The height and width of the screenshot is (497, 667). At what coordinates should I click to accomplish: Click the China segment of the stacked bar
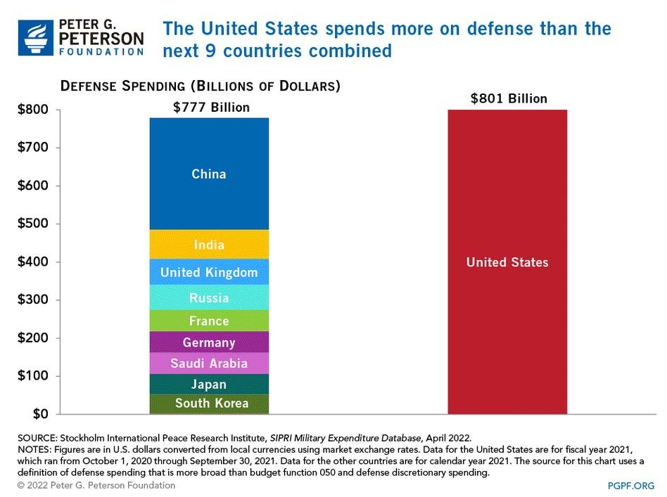coord(209,174)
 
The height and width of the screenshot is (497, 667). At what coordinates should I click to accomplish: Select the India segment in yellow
coord(209,245)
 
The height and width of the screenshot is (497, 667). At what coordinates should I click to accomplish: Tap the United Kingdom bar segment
coord(209,272)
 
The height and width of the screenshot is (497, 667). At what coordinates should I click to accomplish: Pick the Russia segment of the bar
coord(209,298)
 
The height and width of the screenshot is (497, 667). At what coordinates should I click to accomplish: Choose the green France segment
coord(209,321)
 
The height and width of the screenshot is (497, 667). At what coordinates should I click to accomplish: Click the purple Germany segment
coord(209,342)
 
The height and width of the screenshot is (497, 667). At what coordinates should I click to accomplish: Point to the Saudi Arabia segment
coord(209,363)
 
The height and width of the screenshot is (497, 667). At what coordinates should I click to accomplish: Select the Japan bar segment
coord(209,384)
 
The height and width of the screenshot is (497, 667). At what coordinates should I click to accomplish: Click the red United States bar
coord(507,262)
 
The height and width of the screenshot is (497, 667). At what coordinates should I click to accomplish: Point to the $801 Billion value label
coord(508,98)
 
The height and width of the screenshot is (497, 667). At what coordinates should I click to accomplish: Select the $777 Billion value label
coord(211,108)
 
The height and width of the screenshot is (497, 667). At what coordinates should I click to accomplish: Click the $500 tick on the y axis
coord(32,224)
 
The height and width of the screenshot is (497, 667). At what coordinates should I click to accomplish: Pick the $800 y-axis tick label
coord(32,110)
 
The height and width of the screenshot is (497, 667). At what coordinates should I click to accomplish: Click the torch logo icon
coord(34,37)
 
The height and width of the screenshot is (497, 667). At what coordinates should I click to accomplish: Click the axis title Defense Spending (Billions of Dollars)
coord(200,86)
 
